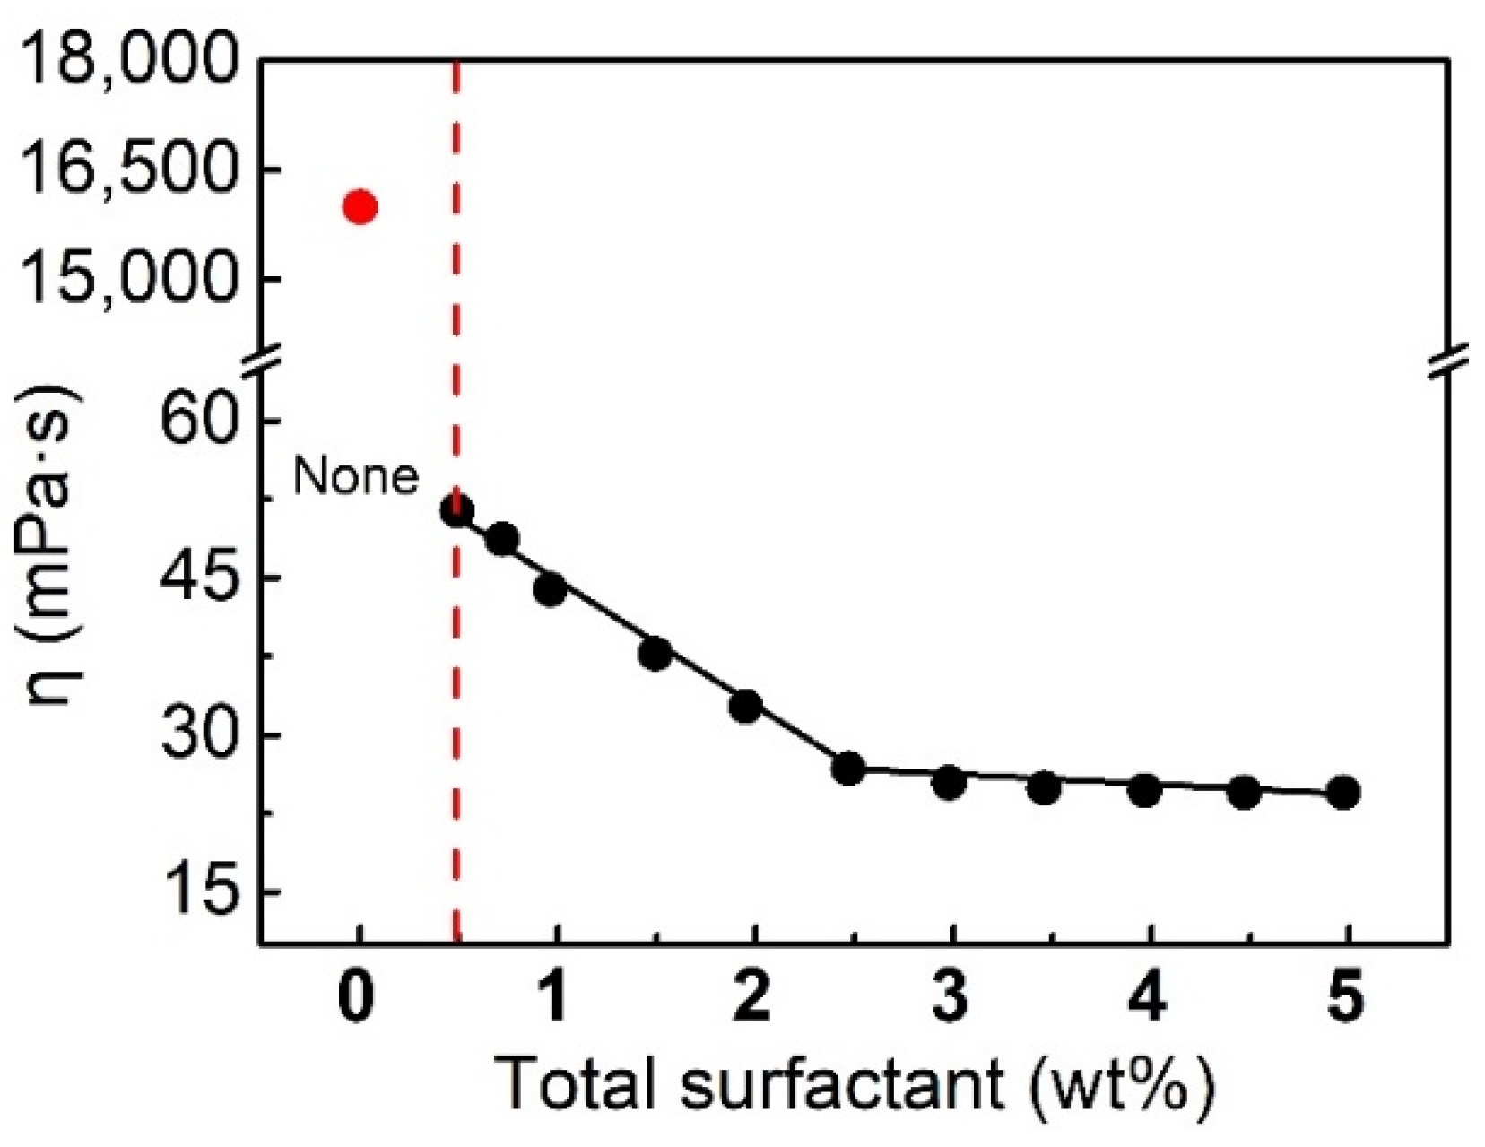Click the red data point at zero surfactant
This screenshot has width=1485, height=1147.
click(x=360, y=207)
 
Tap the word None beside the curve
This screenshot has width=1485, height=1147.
click(x=355, y=476)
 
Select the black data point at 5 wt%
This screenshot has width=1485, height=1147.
click(x=1342, y=793)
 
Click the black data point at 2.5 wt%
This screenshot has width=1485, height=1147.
click(x=848, y=769)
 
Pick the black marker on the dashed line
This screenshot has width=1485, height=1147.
click(x=457, y=511)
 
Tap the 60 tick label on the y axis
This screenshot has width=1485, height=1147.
click(x=195, y=421)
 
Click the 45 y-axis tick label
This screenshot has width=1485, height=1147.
click(x=195, y=578)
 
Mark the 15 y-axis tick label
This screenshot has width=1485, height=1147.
click(x=195, y=892)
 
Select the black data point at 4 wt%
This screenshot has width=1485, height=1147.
click(x=1145, y=791)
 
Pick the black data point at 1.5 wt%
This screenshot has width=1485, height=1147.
click(x=656, y=654)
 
